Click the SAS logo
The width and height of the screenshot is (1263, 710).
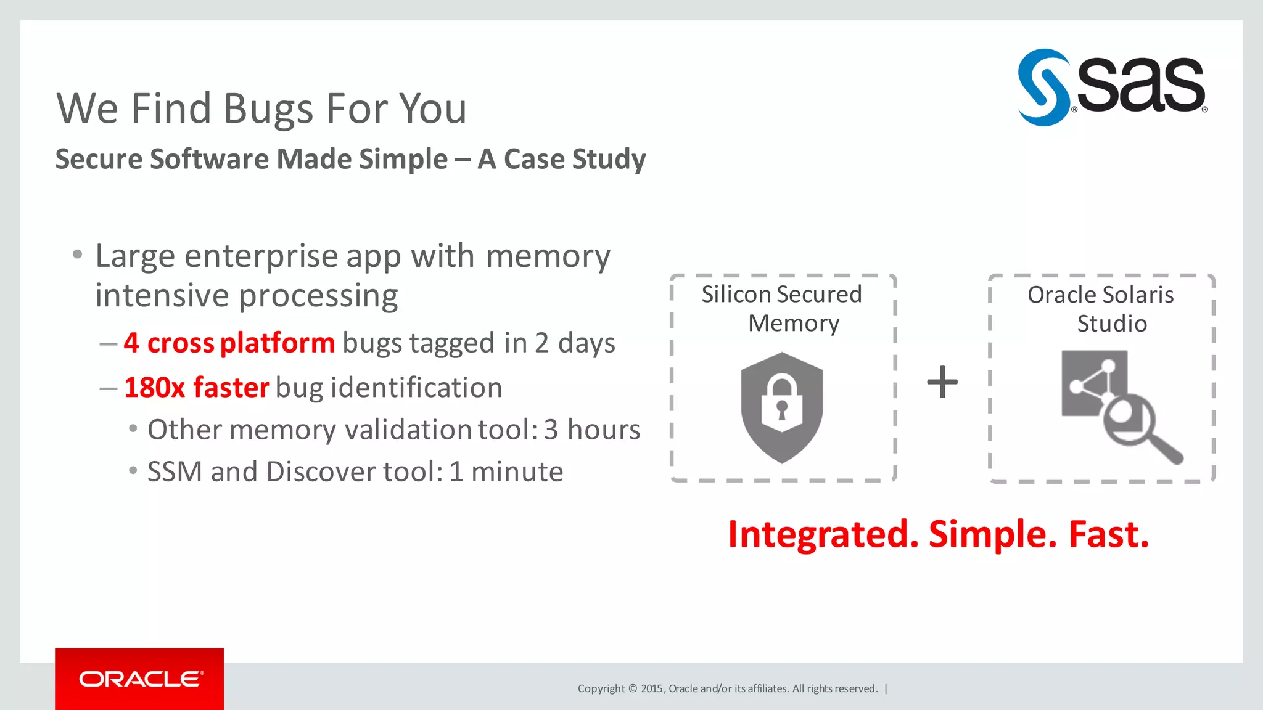pos(1112,87)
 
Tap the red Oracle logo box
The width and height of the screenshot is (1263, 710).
pos(139,679)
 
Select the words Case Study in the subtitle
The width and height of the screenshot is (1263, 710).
pos(574,159)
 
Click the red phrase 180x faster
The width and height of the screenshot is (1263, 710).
pos(197,388)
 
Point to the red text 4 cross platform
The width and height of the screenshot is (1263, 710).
pos(229,343)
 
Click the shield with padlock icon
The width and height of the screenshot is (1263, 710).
pos(781,407)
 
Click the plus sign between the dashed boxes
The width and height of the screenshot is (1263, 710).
pos(942,382)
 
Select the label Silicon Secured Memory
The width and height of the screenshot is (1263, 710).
pos(782,309)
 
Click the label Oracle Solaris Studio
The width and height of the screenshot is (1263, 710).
pos(1101,309)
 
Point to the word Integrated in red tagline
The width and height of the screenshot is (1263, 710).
pos(823,534)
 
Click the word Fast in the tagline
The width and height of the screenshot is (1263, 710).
pos(1108,534)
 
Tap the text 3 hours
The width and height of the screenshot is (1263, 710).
pos(591,430)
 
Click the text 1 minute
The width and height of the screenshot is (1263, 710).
pos(506,472)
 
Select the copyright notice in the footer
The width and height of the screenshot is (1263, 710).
pos(728,688)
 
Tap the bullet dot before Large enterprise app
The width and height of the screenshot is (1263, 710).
pos(77,254)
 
